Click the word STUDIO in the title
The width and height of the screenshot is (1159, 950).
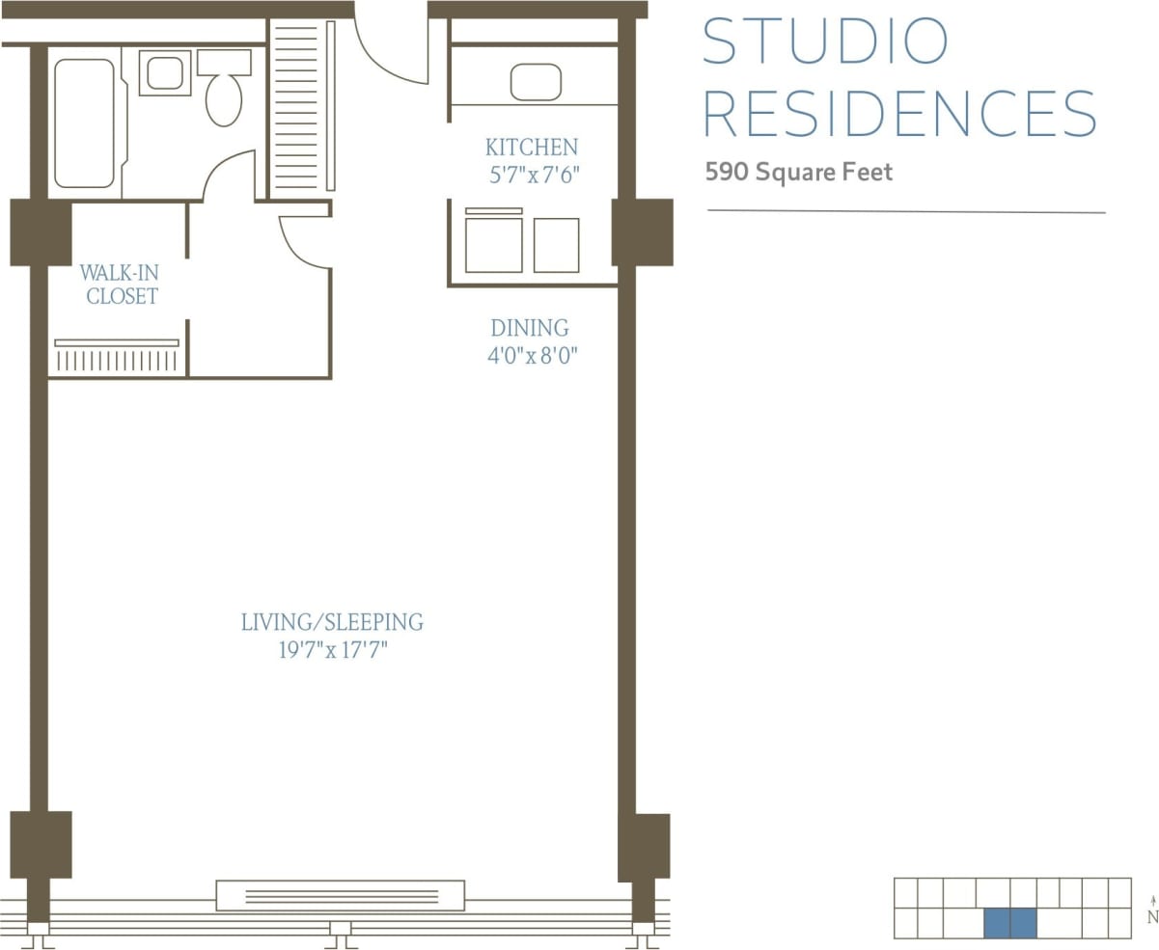(x=825, y=41)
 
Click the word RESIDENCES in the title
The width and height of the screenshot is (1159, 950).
(x=899, y=114)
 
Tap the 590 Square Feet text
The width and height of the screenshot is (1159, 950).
(x=799, y=173)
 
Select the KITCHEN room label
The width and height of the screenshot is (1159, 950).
(x=531, y=148)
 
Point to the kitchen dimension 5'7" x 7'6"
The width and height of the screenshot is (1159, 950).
(x=532, y=176)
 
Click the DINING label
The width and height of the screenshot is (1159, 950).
(x=529, y=328)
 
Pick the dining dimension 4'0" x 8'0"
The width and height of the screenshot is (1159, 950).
(x=532, y=356)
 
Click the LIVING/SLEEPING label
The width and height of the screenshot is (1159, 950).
(x=332, y=622)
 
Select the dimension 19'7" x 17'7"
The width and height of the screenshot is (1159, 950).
(x=332, y=650)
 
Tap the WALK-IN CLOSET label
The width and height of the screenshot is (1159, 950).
(x=121, y=285)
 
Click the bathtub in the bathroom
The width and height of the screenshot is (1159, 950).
(x=84, y=122)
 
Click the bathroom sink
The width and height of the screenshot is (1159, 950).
(x=165, y=73)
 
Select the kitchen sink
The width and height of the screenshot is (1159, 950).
(x=536, y=82)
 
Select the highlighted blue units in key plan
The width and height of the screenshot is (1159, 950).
(x=1009, y=923)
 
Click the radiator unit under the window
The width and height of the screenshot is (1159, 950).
(x=340, y=895)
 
